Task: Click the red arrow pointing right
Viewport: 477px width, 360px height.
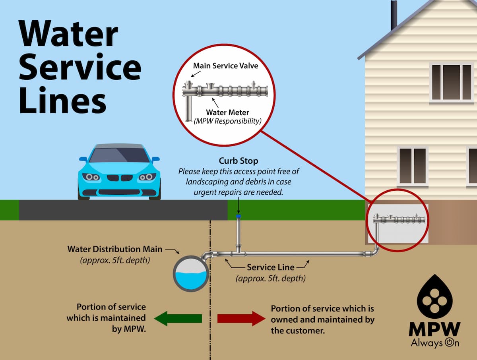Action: [241, 318]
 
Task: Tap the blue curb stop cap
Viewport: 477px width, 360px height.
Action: [238, 216]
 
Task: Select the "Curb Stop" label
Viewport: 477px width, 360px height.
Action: [238, 161]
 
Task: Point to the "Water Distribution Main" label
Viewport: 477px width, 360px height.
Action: [115, 250]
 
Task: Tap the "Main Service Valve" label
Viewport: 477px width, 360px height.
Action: [226, 66]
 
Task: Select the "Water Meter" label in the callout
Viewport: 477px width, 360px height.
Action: [227, 112]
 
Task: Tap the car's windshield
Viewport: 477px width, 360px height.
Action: [119, 155]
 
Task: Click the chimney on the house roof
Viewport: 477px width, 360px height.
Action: [394, 15]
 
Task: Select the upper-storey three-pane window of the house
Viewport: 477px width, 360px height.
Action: [451, 82]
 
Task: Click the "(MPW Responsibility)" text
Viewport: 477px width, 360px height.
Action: [227, 121]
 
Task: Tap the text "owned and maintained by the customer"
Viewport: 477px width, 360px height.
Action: [322, 319]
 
